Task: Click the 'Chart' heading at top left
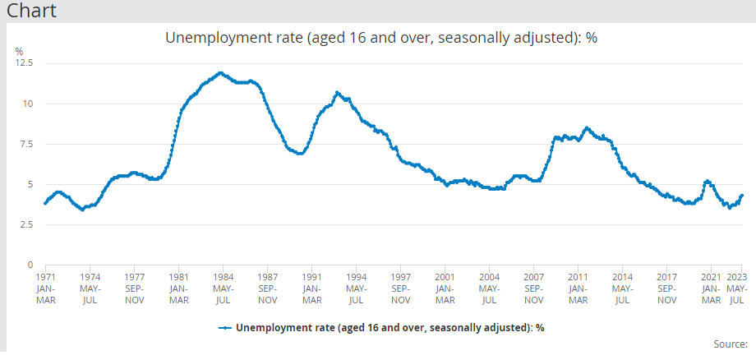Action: (32, 12)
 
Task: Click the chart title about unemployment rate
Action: (380, 38)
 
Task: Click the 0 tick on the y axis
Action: (30, 265)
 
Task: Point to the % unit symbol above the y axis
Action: (20, 51)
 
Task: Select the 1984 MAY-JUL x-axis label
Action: (224, 288)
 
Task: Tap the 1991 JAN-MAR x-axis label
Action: (311, 288)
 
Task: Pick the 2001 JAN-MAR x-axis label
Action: (445, 288)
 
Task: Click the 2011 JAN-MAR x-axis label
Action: (578, 288)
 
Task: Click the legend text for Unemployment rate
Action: (390, 327)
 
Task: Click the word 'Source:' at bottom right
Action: (731, 344)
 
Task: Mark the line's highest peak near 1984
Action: (220, 73)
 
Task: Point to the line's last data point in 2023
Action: (742, 196)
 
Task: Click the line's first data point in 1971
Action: (44, 203)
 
